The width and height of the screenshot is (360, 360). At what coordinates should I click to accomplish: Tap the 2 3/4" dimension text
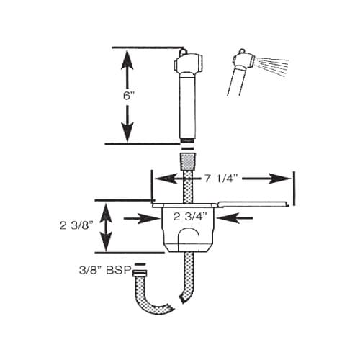(190, 215)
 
